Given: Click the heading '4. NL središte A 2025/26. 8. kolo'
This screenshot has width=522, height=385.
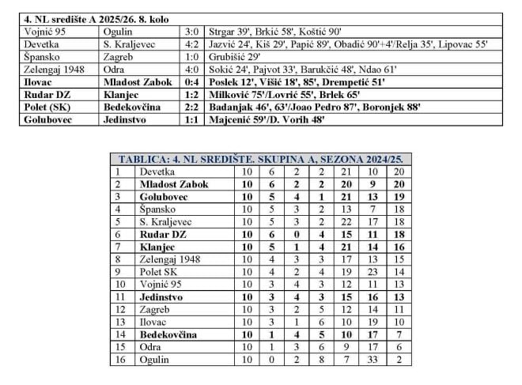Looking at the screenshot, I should pyautogui.click(x=96, y=18).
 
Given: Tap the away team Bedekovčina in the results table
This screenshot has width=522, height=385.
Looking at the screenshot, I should pyautogui.click(x=132, y=119).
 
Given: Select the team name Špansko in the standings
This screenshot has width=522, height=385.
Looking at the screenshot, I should pyautogui.click(x=157, y=209).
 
